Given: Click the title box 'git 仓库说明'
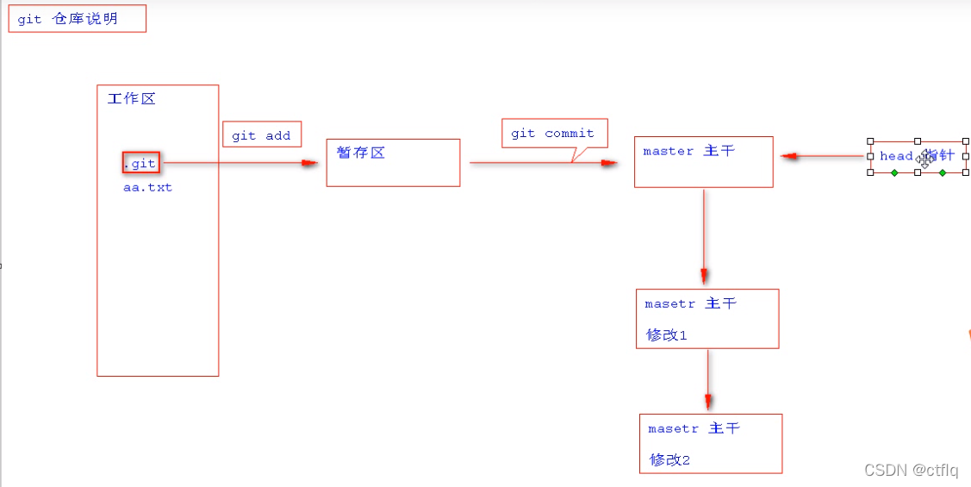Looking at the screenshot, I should tap(77, 19).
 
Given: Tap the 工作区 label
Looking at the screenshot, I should tap(131, 99).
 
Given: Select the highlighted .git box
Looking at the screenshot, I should tap(141, 163).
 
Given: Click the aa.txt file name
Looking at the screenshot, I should tap(147, 187).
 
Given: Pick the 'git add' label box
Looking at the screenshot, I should tap(261, 135).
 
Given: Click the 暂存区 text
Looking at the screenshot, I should tap(361, 153).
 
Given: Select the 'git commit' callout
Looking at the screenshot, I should tap(552, 134).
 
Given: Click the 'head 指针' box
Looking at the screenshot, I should tap(917, 156).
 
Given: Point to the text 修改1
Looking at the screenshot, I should tap(667, 334).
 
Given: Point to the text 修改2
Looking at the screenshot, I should tap(670, 459).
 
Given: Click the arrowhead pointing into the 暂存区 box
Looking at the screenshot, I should tap(310, 163).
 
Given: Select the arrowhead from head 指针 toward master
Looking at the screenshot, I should tap(787, 156).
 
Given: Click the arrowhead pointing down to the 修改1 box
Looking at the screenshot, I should tap(704, 276).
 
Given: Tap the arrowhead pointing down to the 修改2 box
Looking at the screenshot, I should tap(707, 401).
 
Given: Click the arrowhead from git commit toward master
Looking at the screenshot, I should tap(609, 162).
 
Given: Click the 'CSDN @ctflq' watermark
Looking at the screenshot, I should tap(911, 470).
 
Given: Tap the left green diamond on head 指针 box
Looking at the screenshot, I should tap(894, 173).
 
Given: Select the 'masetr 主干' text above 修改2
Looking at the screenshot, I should tap(694, 428).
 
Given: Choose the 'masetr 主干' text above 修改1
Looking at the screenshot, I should tap(690, 303).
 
